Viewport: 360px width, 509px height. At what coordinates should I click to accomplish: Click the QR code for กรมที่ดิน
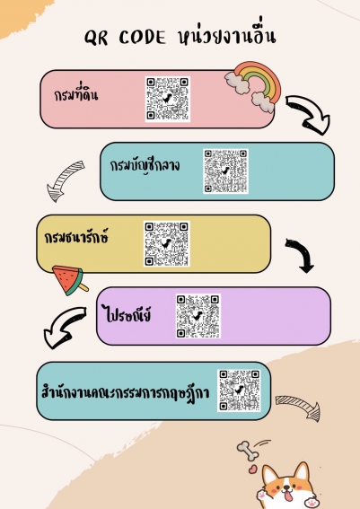(168, 100)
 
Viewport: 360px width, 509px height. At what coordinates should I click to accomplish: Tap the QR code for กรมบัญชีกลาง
(225, 171)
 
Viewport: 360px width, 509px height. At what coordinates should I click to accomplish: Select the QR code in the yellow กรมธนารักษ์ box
(167, 244)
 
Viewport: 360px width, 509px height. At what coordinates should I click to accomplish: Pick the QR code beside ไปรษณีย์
(198, 316)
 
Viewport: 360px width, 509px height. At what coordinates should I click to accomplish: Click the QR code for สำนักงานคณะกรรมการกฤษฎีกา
(239, 391)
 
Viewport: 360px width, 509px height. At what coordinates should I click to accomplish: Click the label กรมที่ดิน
(76, 94)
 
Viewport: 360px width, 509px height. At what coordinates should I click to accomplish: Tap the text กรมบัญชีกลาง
(145, 165)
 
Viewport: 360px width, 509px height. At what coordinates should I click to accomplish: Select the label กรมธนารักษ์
(76, 237)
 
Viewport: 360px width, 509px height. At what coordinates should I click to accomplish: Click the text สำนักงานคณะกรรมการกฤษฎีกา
(126, 392)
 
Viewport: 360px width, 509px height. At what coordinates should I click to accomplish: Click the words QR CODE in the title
(125, 38)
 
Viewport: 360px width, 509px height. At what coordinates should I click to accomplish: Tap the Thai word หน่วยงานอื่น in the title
(227, 36)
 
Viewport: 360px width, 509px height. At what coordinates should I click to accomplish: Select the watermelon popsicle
(70, 280)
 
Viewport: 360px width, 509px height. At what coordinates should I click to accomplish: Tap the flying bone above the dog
(249, 451)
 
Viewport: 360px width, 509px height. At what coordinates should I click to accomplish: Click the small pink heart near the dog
(253, 470)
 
